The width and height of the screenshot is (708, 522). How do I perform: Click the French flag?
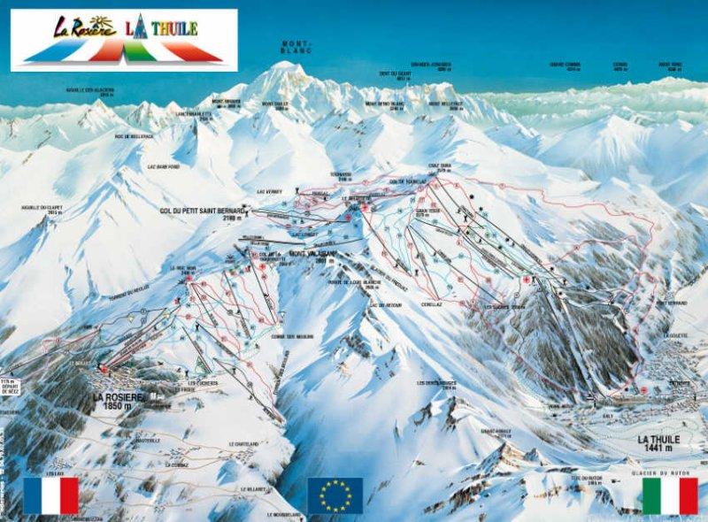click(x=51, y=495)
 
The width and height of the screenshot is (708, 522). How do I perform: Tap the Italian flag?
click(x=670, y=495)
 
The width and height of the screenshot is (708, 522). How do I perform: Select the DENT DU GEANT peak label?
click(x=396, y=75)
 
